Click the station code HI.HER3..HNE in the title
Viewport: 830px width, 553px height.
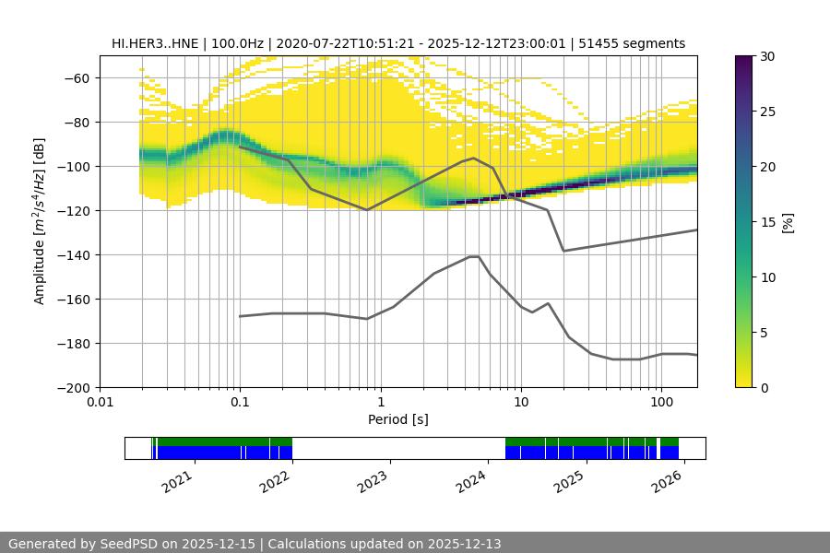point(155,43)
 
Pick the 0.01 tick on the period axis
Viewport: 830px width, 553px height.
point(100,403)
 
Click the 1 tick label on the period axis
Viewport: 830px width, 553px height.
point(380,403)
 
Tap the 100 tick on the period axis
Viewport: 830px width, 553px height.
point(660,403)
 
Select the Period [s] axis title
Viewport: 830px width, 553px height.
point(398,420)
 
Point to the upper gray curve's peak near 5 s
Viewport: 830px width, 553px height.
point(474,158)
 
